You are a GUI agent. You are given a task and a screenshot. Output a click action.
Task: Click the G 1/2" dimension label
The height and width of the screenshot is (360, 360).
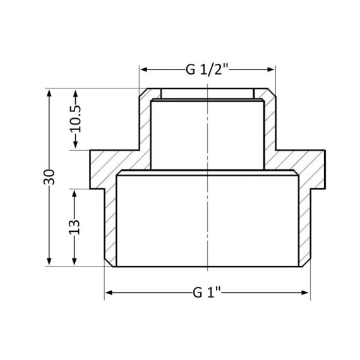(208, 69)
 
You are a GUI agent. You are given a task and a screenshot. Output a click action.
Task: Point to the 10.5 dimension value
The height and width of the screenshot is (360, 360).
(76, 120)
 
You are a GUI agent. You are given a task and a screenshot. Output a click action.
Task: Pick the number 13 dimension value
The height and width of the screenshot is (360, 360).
(76, 227)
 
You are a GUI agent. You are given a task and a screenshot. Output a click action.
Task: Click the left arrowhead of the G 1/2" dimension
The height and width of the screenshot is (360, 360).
(143, 69)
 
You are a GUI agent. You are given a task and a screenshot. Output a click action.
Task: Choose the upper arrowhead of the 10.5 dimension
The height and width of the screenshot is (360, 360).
(76, 96)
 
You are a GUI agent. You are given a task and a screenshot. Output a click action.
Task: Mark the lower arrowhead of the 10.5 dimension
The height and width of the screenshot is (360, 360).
(76, 147)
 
